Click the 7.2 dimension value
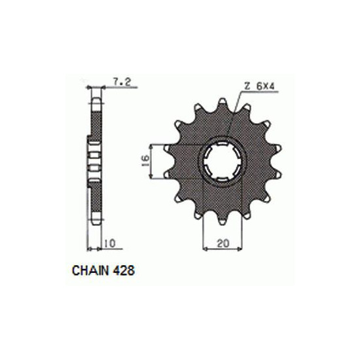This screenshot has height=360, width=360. (x=122, y=82)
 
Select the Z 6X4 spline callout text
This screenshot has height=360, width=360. (x=259, y=86)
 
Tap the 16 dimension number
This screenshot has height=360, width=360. (x=145, y=158)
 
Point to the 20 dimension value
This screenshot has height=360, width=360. (x=223, y=243)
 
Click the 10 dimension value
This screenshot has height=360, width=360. (x=110, y=243)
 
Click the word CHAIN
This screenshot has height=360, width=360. (x=90, y=270)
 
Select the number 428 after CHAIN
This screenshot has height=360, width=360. (x=123, y=270)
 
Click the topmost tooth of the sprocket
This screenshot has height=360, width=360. (x=223, y=102)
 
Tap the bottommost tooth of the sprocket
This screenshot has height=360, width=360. (x=223, y=220)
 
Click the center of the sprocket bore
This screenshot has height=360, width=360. (x=223, y=161)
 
